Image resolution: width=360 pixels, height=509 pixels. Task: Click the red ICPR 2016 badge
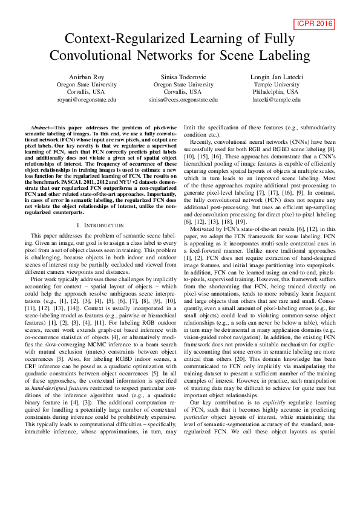(316, 24)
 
